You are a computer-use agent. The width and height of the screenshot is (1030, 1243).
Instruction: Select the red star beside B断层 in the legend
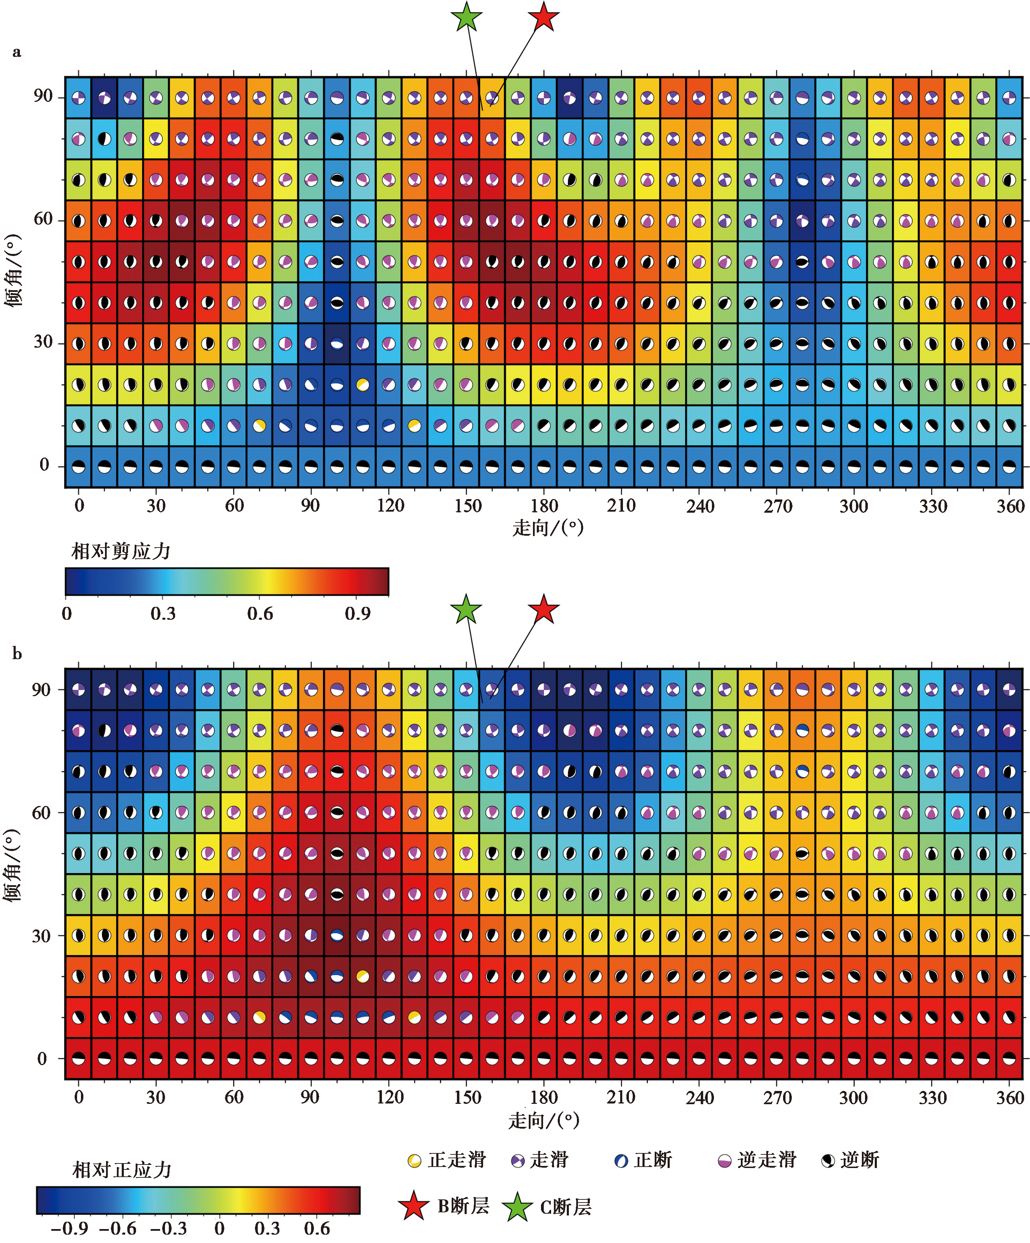click(414, 1206)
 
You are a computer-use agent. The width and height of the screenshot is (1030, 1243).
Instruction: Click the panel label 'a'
click(17, 52)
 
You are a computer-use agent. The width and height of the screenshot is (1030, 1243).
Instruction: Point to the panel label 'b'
click(17, 654)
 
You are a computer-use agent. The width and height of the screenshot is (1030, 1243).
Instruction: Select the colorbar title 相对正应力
click(122, 1170)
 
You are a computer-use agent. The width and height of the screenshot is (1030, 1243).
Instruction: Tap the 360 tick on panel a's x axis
click(1010, 506)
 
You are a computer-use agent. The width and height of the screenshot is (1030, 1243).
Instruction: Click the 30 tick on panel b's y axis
click(42, 936)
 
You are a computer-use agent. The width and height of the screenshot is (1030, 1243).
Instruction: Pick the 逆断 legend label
click(859, 1160)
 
